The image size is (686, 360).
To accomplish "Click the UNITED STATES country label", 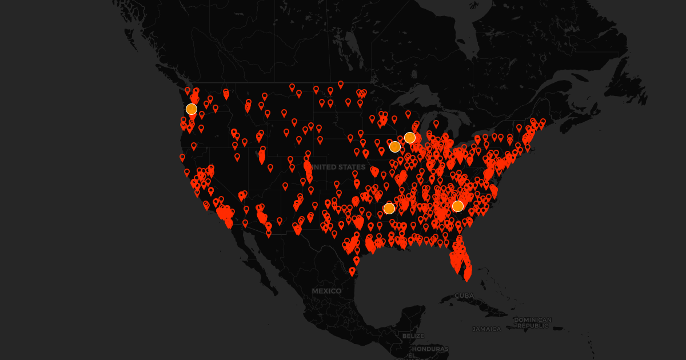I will tap(340, 167).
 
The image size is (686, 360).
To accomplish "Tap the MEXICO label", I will tap(326, 291).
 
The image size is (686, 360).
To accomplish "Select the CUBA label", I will tap(464, 295).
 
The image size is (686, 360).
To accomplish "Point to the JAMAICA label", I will tap(486, 329).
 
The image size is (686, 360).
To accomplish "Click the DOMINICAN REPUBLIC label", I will tap(533, 322).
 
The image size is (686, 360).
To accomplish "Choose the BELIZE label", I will tap(413, 336).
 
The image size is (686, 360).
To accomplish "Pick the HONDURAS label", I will tap(430, 349).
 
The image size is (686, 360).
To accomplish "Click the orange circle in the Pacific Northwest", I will tap(192, 109).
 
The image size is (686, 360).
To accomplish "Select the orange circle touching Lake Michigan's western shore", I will tap(410, 138).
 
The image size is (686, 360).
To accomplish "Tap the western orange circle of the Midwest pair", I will tap(395, 147).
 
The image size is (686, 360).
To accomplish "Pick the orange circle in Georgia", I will tap(458, 206).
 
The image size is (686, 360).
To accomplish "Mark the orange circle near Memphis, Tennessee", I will tap(389, 209).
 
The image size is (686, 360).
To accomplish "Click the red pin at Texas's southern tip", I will tap(352, 271).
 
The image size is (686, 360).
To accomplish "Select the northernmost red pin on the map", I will tap(341, 84).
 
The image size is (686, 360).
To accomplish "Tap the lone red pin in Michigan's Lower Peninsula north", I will tap(436, 123).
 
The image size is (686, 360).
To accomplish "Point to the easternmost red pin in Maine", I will tap(543, 122).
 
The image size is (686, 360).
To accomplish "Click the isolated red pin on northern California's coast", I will tap(182, 157).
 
